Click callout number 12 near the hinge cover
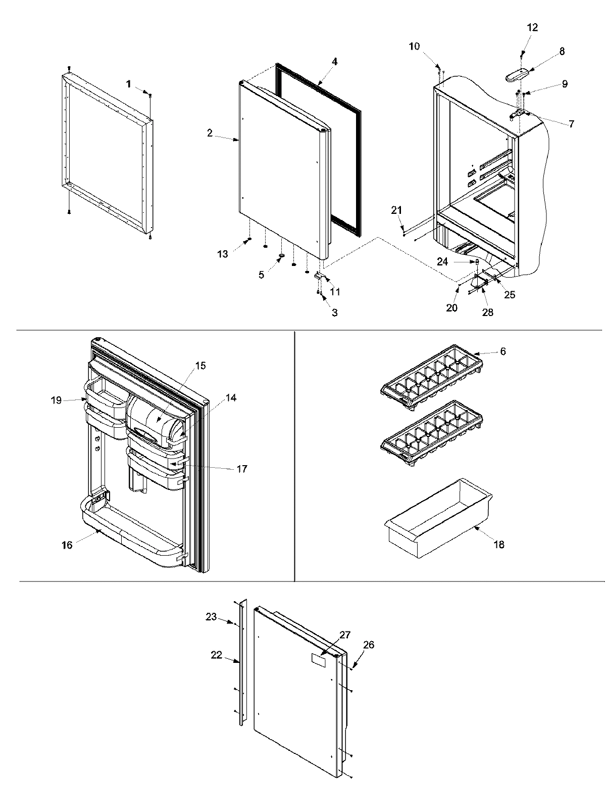(x=533, y=27)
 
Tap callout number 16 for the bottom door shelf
(x=67, y=545)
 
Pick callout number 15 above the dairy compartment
(x=200, y=366)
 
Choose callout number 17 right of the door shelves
(x=242, y=469)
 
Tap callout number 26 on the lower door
(x=369, y=645)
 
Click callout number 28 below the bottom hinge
(x=488, y=312)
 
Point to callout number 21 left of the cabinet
(x=396, y=210)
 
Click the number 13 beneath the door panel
(x=223, y=254)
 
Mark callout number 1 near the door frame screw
(x=129, y=84)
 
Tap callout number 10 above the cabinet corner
(x=414, y=47)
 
